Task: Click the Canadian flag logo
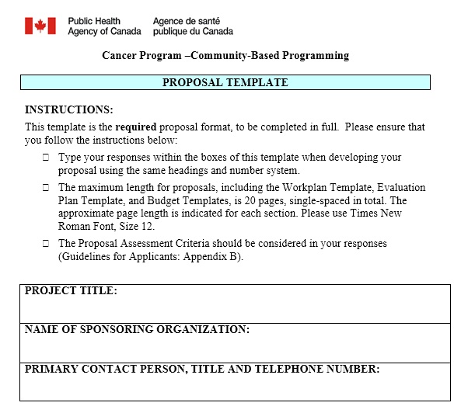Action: (40, 26)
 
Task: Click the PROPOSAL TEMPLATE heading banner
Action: (225, 82)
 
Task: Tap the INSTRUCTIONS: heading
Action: (69, 109)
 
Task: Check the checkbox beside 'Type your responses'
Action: (46, 158)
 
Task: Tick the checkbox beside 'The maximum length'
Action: (46, 188)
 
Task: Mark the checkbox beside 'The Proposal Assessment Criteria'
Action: (46, 244)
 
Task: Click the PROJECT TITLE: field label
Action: (71, 290)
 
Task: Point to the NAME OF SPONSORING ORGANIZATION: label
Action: (137, 329)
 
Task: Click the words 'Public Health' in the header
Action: (94, 21)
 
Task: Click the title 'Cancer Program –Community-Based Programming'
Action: (225, 55)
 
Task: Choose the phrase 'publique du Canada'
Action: (193, 32)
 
